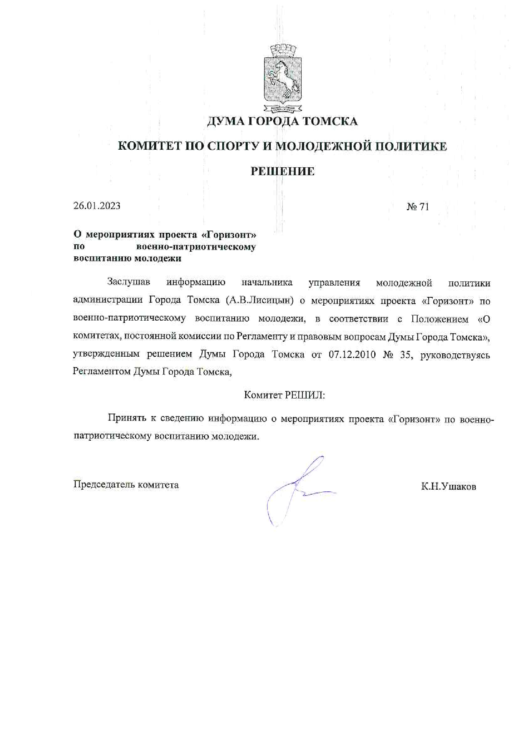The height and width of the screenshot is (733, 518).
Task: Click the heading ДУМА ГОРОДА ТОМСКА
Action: coord(282,121)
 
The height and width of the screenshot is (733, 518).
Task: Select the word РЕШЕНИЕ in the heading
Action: coord(282,171)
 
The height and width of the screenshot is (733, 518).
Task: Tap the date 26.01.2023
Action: coord(97,206)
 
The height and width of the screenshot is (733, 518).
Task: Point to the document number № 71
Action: coord(417,207)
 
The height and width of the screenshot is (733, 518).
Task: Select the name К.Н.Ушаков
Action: coord(449,487)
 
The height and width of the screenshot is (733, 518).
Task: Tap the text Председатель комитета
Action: coord(126,485)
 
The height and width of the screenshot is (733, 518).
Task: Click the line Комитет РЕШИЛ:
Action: coord(284,395)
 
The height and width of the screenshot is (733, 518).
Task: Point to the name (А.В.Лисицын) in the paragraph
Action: coord(260,301)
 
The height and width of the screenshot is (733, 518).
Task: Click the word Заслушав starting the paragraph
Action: coord(129,282)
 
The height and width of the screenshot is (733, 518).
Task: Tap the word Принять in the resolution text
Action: coord(127,418)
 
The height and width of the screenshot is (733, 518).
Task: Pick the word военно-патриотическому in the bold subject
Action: coord(196,247)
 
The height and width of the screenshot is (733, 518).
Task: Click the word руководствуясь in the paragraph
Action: coord(455,355)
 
